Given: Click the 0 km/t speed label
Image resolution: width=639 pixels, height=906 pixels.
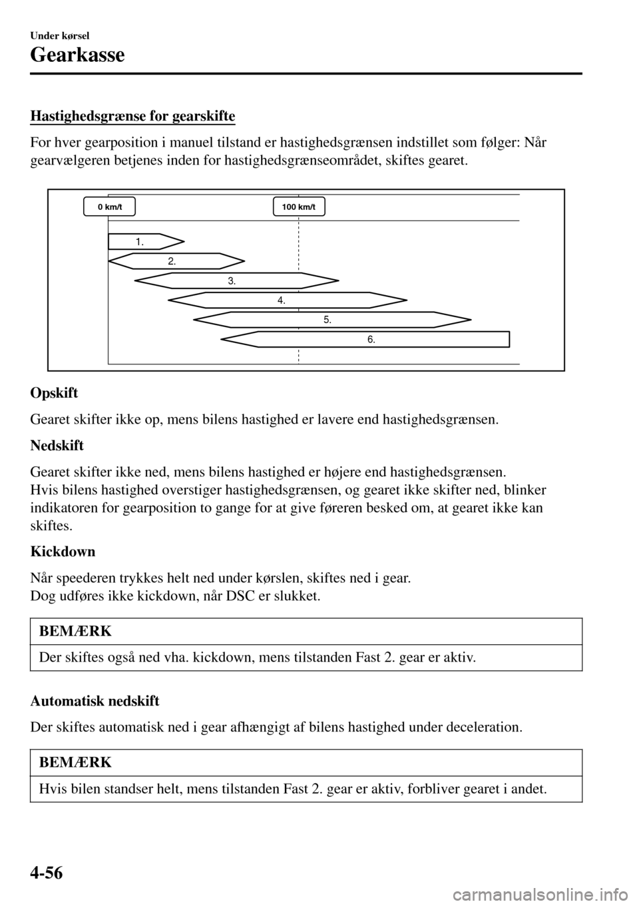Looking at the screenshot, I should (x=110, y=207).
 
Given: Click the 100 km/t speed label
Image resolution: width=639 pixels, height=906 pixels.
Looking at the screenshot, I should (x=299, y=207).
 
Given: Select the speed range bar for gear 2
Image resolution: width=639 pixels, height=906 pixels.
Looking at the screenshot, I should (x=176, y=261).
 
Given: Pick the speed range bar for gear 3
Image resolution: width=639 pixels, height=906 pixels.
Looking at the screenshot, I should (x=236, y=281).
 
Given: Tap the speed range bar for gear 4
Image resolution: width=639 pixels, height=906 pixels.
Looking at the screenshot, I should (x=286, y=300).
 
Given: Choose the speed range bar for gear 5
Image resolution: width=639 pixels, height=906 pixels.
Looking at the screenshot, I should (x=331, y=320).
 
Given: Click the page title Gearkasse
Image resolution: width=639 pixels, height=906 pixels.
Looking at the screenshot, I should (x=77, y=55).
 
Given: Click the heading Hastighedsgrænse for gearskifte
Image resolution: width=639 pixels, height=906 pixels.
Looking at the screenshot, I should (x=132, y=117).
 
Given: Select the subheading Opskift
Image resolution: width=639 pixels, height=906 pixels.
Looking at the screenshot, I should (x=54, y=393).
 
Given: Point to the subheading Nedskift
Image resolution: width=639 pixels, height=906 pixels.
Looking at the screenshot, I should (x=57, y=446).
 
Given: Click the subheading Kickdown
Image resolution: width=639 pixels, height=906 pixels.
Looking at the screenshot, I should (x=63, y=552).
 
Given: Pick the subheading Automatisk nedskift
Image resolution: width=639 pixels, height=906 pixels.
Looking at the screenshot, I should (x=95, y=701).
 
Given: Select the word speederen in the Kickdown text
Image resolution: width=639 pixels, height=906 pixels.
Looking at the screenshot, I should (x=83, y=578).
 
